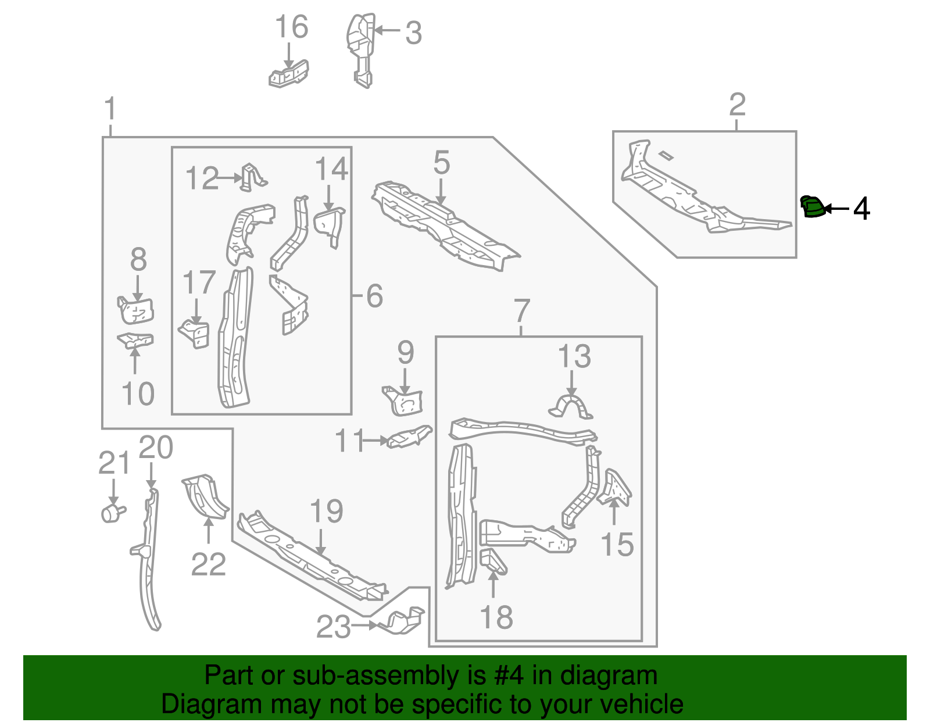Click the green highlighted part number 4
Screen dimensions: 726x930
click(x=812, y=207)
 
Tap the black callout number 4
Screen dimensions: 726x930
click(x=861, y=209)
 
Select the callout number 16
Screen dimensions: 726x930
click(x=291, y=27)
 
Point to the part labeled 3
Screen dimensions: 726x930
click(x=360, y=49)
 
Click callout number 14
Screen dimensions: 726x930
click(x=331, y=170)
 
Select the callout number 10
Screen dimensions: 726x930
click(x=138, y=394)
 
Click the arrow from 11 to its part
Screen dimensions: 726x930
click(x=375, y=441)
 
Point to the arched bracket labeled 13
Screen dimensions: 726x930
click(x=570, y=407)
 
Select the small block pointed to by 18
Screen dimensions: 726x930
click(x=493, y=561)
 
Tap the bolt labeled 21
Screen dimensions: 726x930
click(x=113, y=513)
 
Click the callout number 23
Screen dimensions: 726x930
click(x=333, y=627)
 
